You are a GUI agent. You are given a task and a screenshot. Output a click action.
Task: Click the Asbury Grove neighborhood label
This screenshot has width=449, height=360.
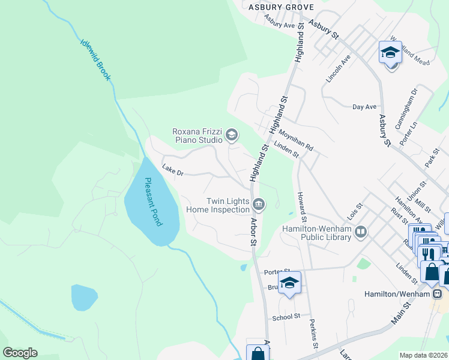(282, 7)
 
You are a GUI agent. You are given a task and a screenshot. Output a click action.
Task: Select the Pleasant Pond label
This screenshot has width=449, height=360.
(153, 202)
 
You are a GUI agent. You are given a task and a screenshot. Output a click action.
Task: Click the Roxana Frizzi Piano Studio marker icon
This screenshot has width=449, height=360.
(231, 136)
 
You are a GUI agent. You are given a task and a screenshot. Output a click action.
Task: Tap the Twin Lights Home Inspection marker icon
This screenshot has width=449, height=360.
(259, 205)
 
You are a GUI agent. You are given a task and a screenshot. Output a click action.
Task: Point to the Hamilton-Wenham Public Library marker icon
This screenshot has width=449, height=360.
(360, 231)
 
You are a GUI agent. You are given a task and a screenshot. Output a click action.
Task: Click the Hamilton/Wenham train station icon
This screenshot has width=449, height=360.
(438, 294)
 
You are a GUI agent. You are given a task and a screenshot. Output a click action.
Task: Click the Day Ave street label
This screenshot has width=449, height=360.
(364, 107)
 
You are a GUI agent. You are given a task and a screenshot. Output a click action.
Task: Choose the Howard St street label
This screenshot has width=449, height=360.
(301, 206)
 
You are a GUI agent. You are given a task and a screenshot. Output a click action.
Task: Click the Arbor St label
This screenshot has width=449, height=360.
(254, 231)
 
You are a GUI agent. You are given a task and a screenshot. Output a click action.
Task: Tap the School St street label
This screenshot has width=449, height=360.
(286, 317)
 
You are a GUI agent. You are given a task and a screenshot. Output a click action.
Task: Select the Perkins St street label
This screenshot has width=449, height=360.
(313, 334)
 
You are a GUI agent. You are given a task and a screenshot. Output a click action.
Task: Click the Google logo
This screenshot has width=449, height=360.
(20, 353)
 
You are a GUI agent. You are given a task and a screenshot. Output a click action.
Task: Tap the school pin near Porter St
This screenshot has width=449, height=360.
(289, 284)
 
